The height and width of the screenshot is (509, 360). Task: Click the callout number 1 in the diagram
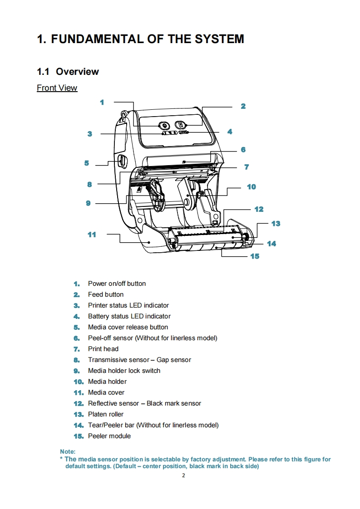point(102,103)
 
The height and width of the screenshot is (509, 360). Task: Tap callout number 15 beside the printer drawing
point(255,256)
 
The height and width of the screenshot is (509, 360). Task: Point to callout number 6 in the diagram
point(243,150)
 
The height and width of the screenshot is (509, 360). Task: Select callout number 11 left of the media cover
point(92,235)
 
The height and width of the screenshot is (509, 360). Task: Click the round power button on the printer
point(164,126)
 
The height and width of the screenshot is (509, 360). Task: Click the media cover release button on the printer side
point(121,161)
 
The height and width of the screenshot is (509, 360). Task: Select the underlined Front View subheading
point(57,88)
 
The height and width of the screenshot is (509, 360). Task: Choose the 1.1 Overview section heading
point(68,72)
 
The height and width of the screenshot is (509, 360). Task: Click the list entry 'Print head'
point(103,349)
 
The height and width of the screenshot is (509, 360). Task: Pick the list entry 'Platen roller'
point(106,414)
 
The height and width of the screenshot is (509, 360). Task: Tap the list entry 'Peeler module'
point(109,436)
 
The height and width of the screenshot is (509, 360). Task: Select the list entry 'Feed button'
point(106,294)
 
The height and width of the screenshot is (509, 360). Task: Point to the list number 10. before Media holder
point(79,382)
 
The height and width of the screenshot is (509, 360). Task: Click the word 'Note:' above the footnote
point(68,452)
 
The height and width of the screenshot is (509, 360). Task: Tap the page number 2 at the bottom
point(183,475)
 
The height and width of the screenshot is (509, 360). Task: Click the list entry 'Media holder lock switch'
point(124,371)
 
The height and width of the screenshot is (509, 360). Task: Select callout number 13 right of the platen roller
point(276,224)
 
